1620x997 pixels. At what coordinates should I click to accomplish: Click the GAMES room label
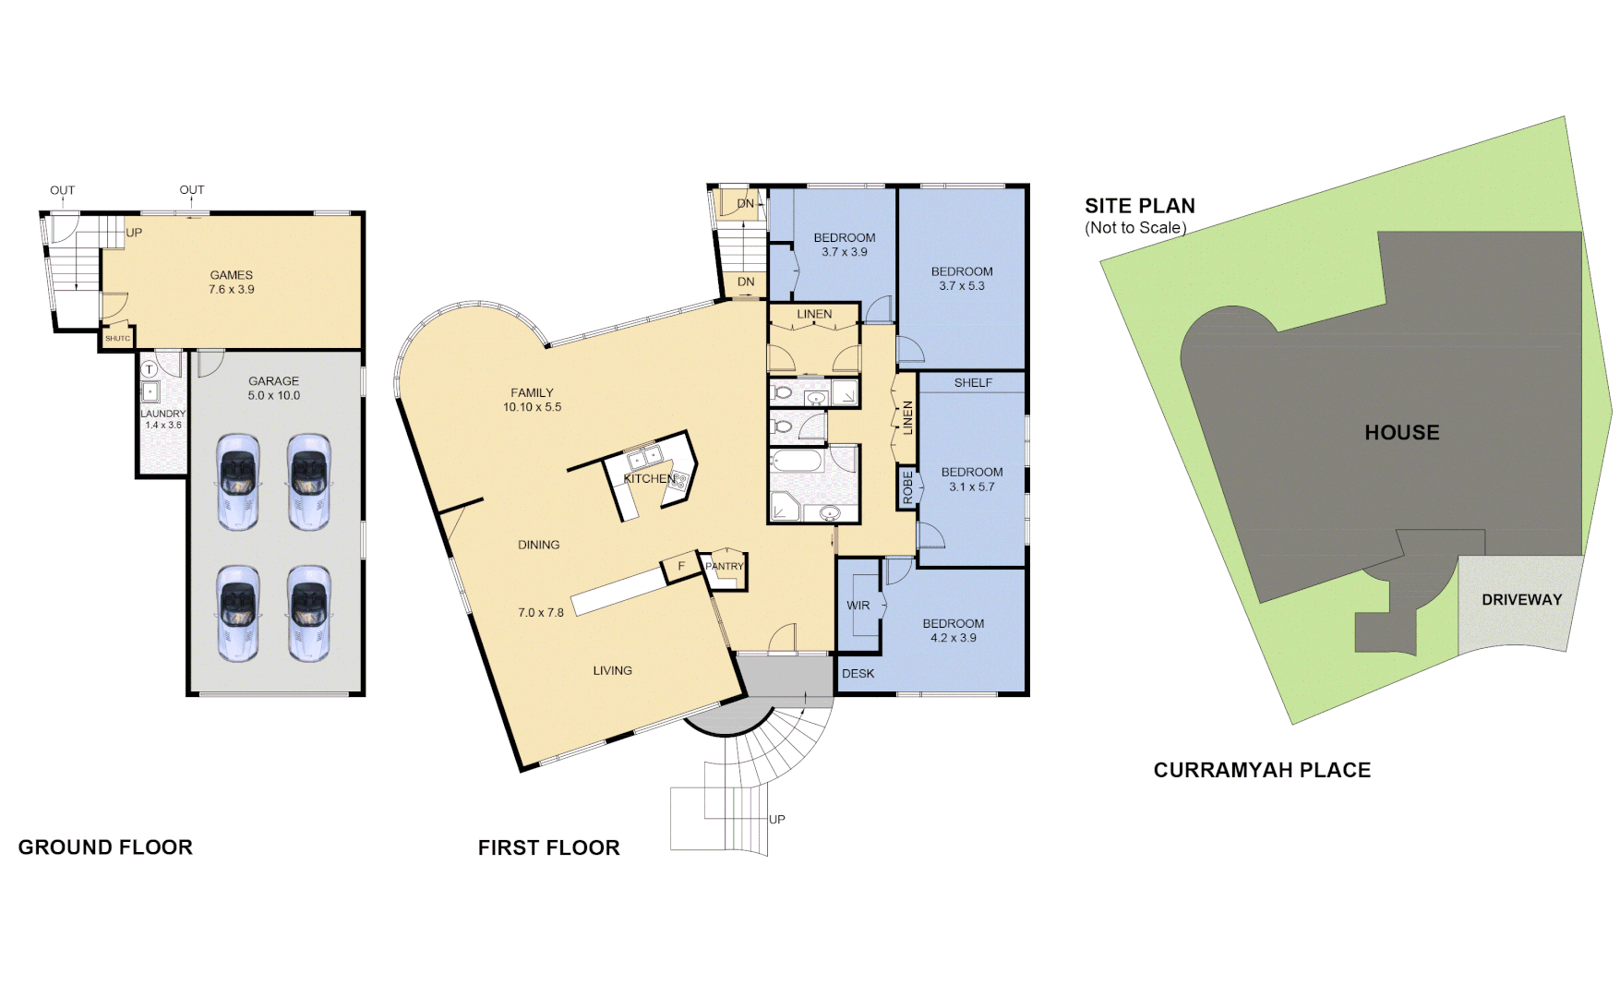(x=231, y=275)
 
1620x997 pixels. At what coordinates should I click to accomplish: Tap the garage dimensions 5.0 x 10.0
(x=273, y=396)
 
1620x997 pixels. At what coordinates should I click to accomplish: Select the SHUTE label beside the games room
(x=117, y=339)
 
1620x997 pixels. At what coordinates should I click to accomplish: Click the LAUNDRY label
(x=162, y=414)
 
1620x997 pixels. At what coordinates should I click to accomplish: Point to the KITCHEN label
(x=649, y=479)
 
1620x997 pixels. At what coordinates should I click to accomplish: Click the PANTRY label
(x=724, y=567)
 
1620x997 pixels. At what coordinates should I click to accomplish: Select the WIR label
(x=858, y=606)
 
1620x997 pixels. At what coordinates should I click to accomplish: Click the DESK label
(x=858, y=674)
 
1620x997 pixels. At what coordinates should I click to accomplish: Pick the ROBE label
(x=907, y=487)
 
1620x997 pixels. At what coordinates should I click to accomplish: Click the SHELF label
(x=973, y=383)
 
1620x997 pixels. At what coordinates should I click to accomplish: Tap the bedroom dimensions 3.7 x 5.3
(x=962, y=286)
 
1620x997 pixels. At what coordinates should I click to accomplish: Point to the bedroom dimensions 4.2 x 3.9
(x=953, y=638)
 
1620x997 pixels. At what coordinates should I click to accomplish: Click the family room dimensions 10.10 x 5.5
(x=532, y=407)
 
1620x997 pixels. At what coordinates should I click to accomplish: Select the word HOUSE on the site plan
(x=1401, y=433)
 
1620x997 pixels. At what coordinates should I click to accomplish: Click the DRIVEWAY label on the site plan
(x=1521, y=600)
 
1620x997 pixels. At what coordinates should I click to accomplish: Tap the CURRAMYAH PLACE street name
(x=1262, y=770)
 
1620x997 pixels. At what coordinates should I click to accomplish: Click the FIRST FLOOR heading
(x=548, y=847)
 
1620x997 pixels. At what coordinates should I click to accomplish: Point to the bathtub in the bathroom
(x=797, y=460)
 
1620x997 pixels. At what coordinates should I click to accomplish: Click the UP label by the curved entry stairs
(x=777, y=820)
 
